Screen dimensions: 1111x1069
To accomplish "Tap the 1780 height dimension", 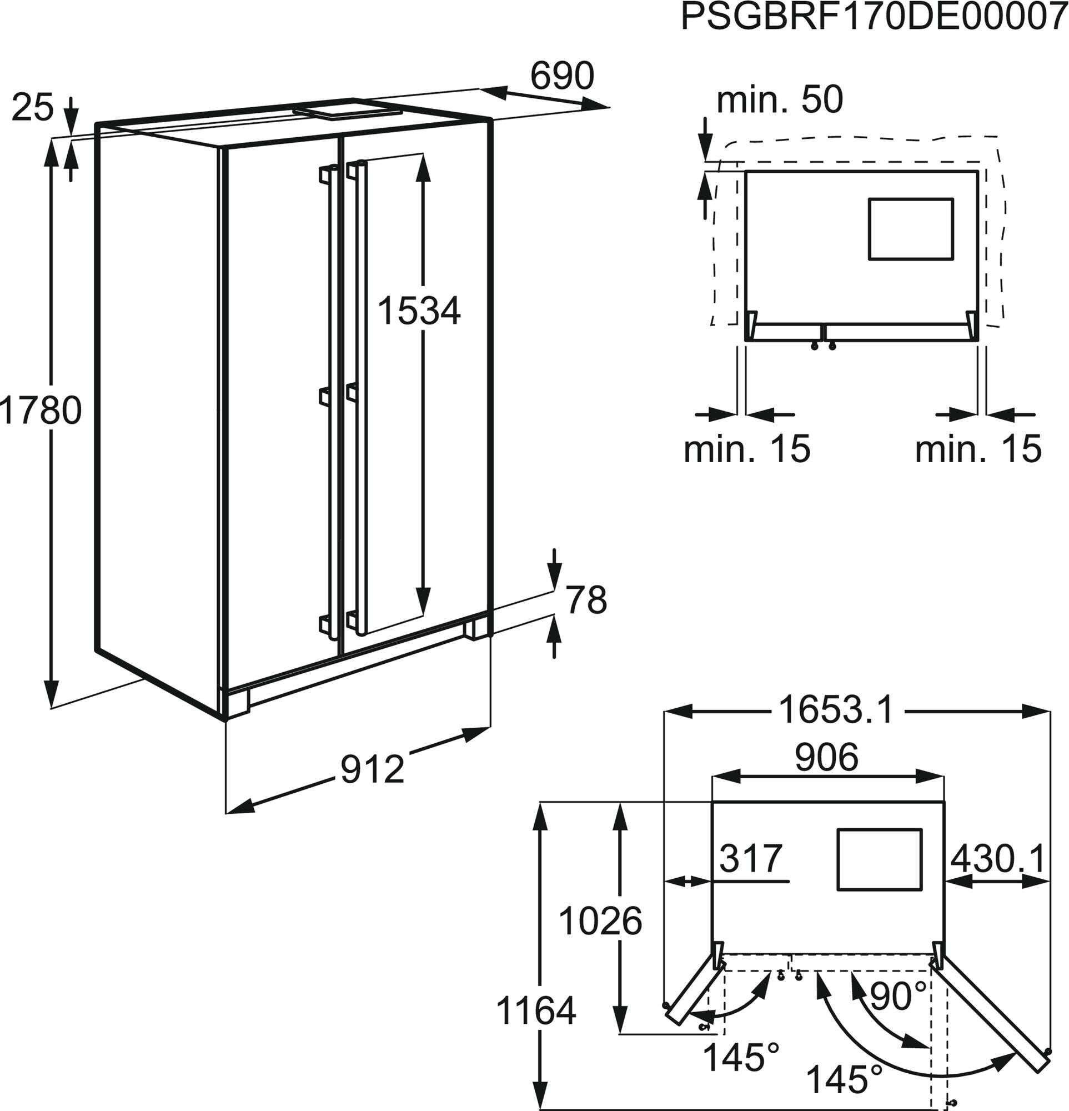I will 41,411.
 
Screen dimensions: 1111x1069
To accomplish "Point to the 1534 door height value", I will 419,311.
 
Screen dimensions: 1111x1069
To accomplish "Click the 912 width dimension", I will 372,769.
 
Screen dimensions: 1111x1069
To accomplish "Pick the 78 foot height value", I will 586,600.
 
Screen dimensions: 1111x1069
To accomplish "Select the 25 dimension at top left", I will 32,107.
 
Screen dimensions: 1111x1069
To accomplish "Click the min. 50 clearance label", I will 780,100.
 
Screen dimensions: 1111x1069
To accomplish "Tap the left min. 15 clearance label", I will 747,448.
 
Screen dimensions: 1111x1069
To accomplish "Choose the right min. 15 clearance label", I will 978,448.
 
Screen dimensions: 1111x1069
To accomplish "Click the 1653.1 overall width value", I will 836,710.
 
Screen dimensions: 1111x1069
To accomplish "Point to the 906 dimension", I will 826,757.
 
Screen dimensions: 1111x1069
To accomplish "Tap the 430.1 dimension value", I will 997,859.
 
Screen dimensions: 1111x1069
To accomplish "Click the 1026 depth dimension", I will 600,921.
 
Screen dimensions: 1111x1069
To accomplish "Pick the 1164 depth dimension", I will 536,1010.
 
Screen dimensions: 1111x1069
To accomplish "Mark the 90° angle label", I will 898,996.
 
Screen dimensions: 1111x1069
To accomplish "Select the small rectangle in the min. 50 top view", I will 910,229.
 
